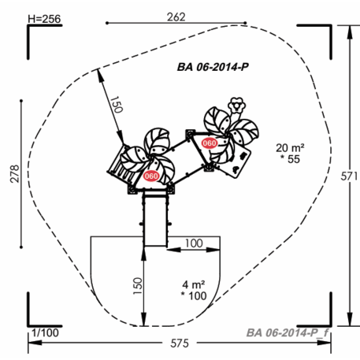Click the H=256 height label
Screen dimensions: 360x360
(x=44, y=19)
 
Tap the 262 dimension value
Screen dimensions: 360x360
(x=176, y=17)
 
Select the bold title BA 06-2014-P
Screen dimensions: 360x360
(x=213, y=67)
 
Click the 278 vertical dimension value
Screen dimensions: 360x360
(x=15, y=173)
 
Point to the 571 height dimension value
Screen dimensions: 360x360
(x=349, y=176)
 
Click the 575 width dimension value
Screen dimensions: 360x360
(x=180, y=343)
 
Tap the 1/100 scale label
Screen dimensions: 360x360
(x=45, y=332)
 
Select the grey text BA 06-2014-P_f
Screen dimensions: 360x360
(x=288, y=332)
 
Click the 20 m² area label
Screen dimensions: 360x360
(x=290, y=148)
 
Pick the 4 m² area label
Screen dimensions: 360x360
(x=194, y=284)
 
